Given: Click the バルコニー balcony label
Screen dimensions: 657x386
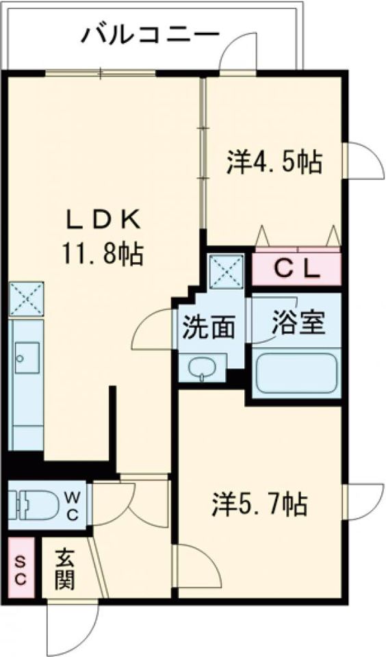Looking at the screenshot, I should click(151, 34).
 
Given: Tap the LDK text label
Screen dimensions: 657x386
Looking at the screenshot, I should click(103, 221).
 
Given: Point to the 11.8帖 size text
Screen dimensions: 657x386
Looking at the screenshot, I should click(103, 255).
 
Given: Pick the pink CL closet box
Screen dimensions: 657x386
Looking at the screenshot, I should click(297, 269).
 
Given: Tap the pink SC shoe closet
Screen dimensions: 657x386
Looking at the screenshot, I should click(20, 570).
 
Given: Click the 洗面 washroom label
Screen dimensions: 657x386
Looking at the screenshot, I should click(208, 328).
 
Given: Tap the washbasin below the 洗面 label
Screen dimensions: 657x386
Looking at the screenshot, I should click(203, 368).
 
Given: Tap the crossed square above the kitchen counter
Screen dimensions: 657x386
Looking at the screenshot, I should click(26, 298).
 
